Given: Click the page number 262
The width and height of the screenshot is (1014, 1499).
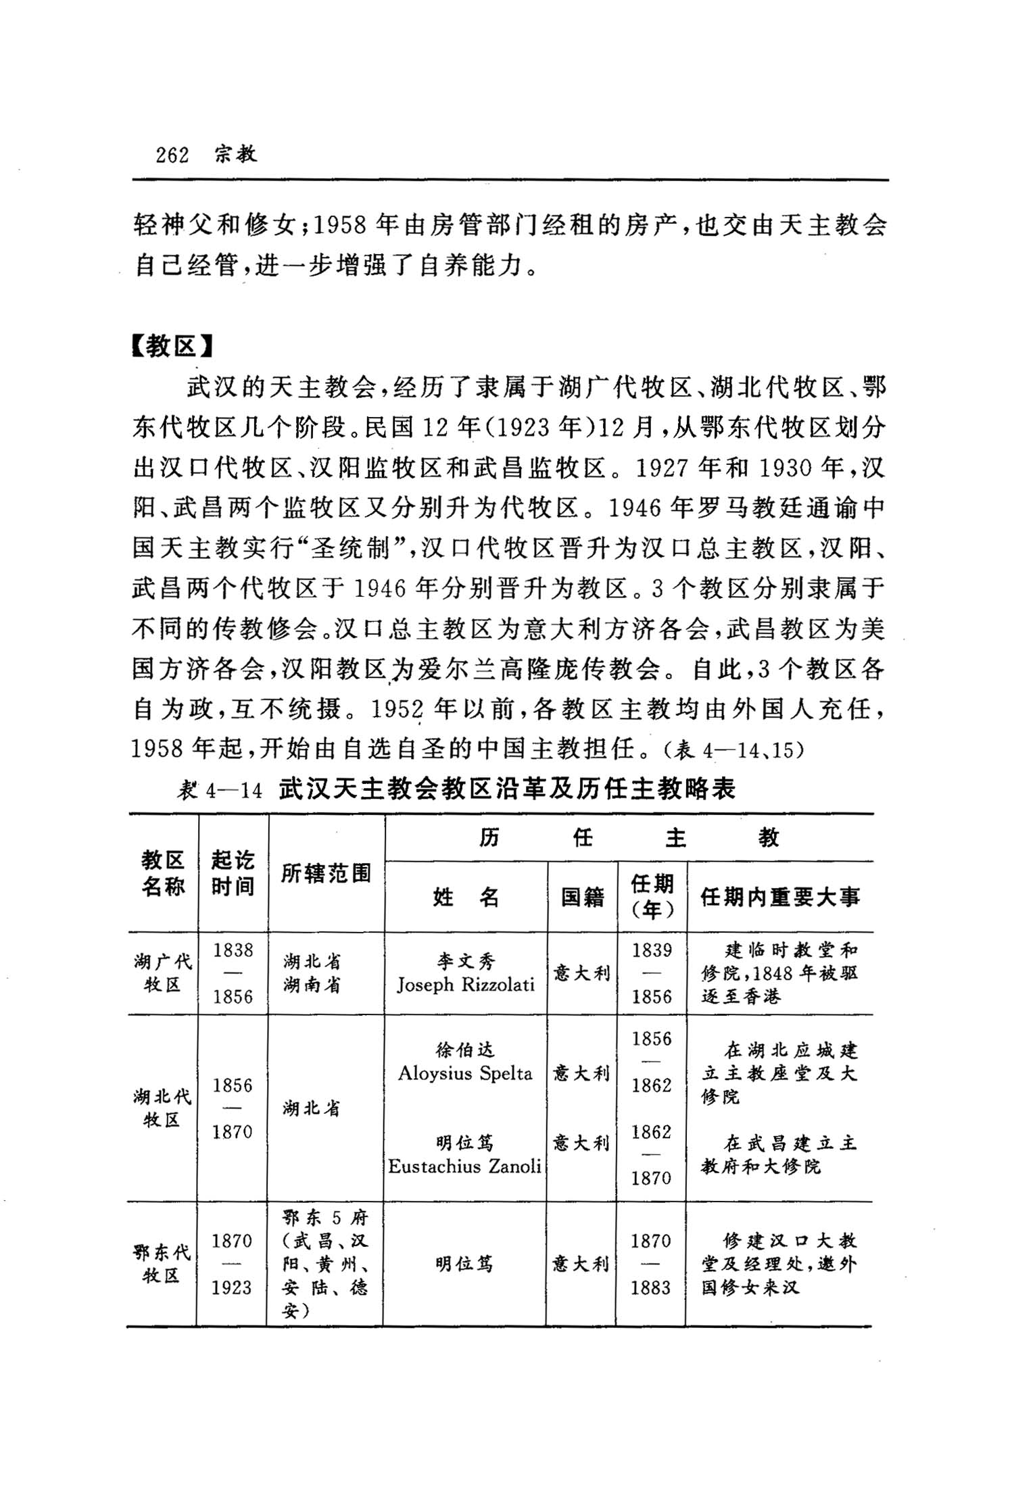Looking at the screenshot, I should pos(172,155).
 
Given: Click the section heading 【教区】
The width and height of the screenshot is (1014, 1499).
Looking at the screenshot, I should pos(172,347).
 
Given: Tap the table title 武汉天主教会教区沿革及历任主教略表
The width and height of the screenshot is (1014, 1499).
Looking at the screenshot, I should pos(507,789).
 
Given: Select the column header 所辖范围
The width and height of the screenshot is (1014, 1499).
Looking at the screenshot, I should pos(326,874).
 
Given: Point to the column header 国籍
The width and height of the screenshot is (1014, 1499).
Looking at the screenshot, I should pos(582,897).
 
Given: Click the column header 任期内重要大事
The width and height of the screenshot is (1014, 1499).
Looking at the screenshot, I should pos(780,897).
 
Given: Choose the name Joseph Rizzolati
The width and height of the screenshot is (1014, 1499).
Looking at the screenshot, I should pos(465,985).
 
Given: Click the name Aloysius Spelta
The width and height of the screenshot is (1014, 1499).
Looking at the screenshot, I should pos(465,1073).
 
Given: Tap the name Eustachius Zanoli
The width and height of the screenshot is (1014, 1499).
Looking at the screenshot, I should pos(465,1166).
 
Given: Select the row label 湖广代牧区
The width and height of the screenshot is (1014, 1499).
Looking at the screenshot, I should pos(163,973).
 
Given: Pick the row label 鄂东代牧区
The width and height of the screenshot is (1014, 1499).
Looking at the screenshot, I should pos(162,1264).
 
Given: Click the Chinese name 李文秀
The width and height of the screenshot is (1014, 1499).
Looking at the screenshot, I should pos(465,961).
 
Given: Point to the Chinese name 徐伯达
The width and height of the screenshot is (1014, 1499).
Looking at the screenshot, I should pos(465,1050).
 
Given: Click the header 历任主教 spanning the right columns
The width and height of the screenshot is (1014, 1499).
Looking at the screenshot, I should pos(629,838).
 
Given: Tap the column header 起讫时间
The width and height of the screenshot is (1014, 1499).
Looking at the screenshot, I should pos(233,873).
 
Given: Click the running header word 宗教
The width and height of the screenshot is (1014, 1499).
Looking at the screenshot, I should pos(236,155).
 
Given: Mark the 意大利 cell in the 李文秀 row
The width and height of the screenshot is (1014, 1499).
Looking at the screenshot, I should pos(581,973).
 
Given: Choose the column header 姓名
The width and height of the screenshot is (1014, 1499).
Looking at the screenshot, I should pos(465,897).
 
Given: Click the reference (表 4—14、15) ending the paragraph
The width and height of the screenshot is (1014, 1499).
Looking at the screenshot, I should pos(733,750).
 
